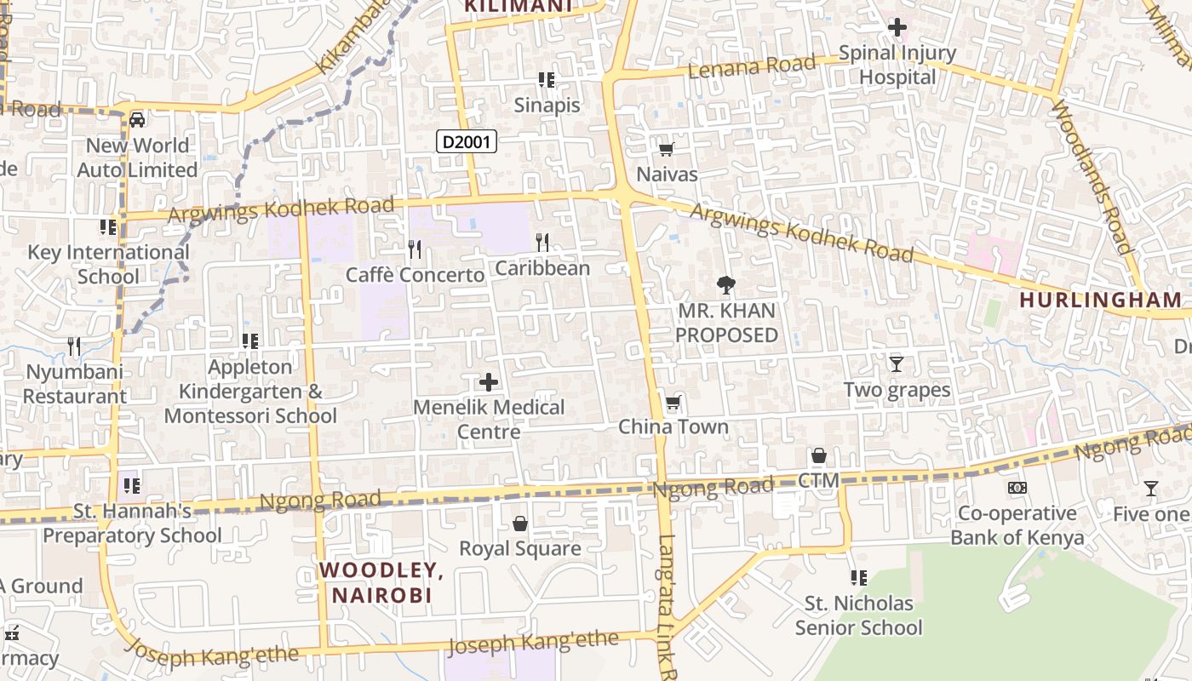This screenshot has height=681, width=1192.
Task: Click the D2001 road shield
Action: tap(467, 141)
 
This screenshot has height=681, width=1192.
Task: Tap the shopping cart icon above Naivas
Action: tap(667, 150)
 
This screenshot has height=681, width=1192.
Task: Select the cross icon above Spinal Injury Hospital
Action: tap(897, 27)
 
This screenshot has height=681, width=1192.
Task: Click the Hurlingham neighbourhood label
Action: tap(1101, 300)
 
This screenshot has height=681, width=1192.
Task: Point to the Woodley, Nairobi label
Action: tap(381, 582)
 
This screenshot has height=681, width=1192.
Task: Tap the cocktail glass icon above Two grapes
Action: tap(896, 364)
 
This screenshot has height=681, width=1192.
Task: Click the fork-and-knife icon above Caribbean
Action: tap(542, 243)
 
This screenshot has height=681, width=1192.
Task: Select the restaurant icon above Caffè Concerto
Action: tap(415, 249)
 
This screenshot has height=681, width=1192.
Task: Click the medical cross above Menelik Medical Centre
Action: tap(489, 382)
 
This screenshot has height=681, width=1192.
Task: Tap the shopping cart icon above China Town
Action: tap(673, 402)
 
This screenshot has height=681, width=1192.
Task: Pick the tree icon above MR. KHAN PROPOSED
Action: tap(726, 285)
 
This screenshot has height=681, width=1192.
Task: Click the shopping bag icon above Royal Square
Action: tap(520, 524)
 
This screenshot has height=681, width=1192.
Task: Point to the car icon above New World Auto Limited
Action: tap(137, 120)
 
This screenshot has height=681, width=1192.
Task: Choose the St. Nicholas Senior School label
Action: tap(858, 615)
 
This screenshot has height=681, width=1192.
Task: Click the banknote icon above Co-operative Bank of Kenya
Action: tap(1017, 488)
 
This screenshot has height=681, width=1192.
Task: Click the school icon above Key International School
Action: tap(108, 227)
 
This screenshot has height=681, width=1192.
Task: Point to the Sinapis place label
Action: tap(547, 106)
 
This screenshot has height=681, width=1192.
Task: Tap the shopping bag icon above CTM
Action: tap(819, 456)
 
